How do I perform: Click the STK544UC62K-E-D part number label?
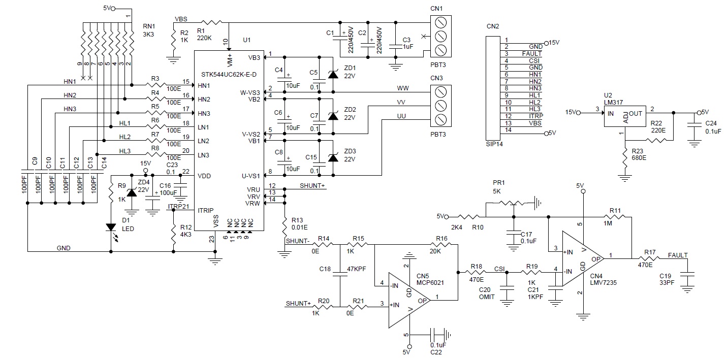[x=229, y=75]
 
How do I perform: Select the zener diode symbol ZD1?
[x=333, y=74]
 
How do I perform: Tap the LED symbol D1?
[x=111, y=227]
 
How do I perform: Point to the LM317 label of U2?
[x=613, y=103]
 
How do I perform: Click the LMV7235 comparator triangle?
[x=583, y=258]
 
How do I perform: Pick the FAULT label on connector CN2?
[x=532, y=53]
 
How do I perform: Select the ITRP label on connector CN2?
[x=536, y=116]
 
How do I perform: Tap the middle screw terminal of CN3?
[x=441, y=106]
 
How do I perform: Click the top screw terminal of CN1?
[x=441, y=23]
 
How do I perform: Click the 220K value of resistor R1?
[x=204, y=38]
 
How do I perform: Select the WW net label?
[x=403, y=88]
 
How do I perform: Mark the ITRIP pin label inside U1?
[x=206, y=211]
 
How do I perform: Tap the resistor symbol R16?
[x=441, y=245]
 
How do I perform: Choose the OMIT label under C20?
[x=487, y=297]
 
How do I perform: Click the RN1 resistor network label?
[x=149, y=26]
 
